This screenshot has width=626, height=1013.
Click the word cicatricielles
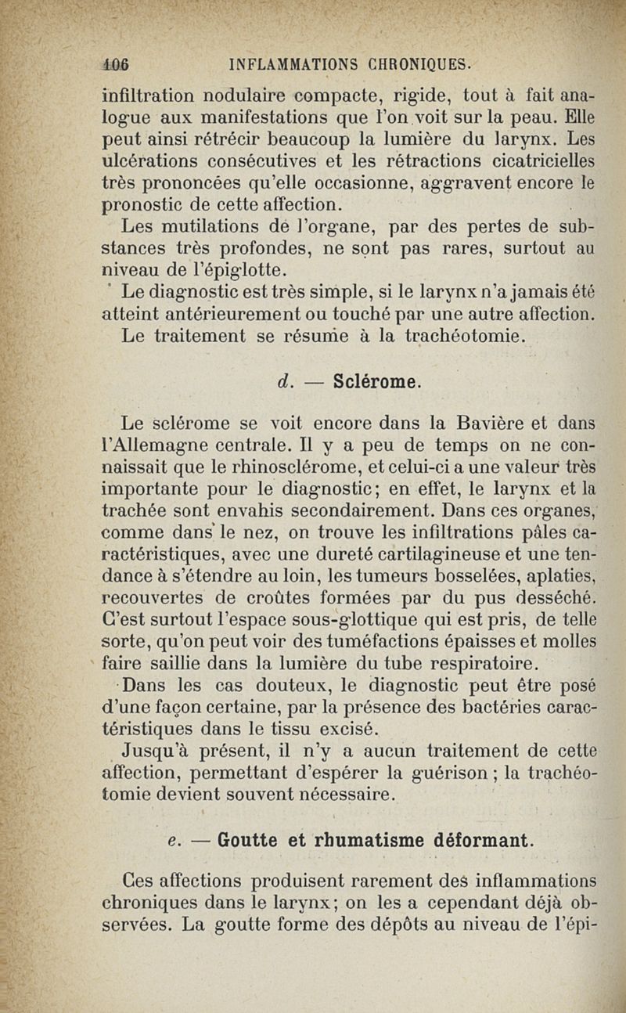pos(538,163)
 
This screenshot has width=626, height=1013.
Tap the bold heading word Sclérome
pos(379,383)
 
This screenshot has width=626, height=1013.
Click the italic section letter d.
pos(284,383)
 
